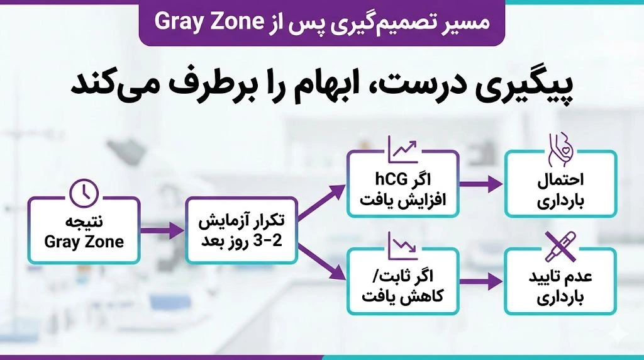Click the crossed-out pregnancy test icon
560,245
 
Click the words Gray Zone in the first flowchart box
84,242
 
